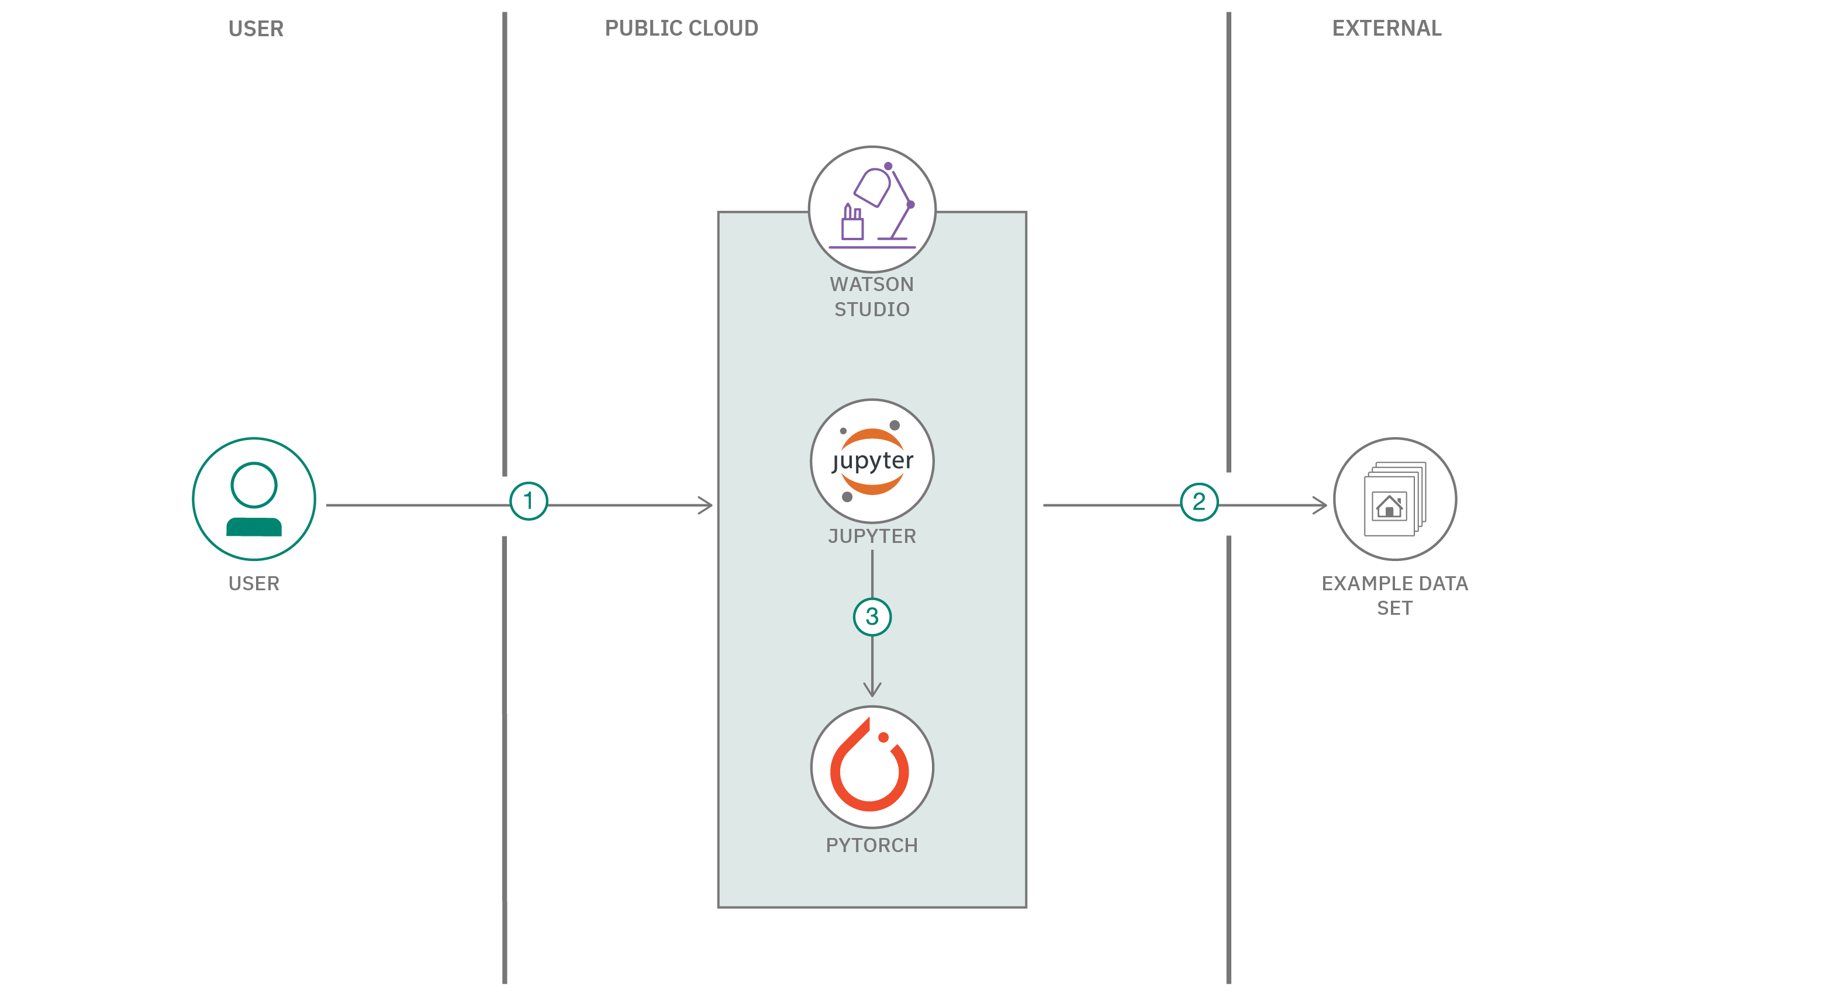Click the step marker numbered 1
(529, 501)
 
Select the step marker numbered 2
(1199, 501)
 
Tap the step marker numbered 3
(872, 617)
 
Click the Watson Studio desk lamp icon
(872, 209)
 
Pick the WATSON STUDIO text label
(872, 296)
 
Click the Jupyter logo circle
(872, 461)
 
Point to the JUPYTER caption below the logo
(872, 536)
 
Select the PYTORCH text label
(872, 845)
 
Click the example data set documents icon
(1394, 499)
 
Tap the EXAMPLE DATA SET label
(1394, 595)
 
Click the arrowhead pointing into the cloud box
(706, 505)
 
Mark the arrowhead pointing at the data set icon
(1321, 505)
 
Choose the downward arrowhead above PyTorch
(872, 689)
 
